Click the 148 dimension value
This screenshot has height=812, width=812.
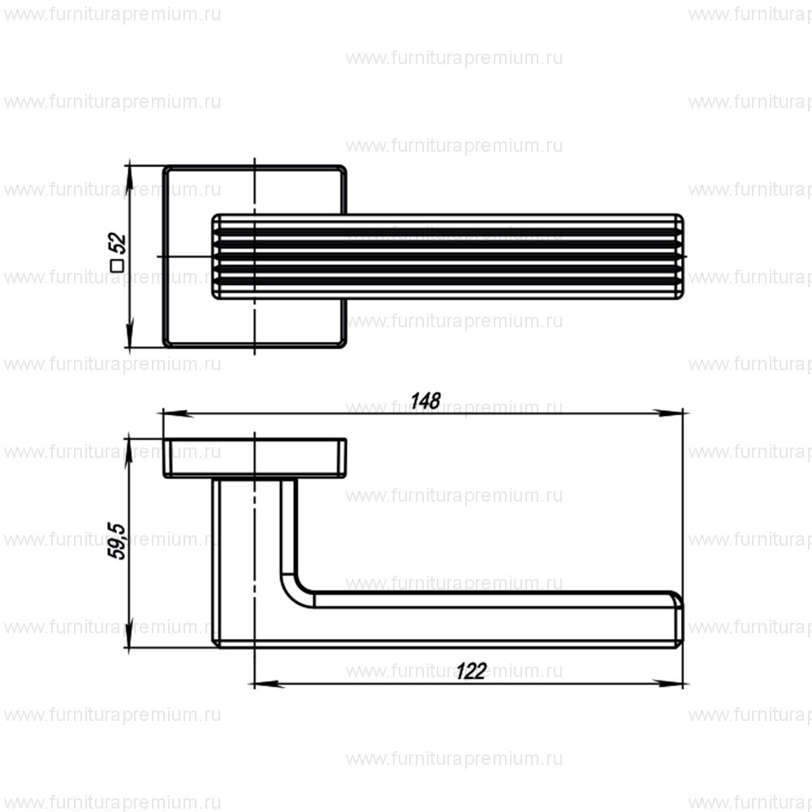pos(425,400)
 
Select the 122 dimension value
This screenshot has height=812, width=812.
pos(470,672)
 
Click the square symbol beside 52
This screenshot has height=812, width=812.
pos(117,265)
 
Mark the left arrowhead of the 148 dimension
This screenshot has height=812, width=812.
pos(171,413)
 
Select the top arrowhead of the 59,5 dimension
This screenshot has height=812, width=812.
pos(129,446)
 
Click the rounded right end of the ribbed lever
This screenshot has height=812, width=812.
pos(680,256)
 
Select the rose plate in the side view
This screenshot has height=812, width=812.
pos(255,458)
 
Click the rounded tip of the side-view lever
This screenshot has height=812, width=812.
pos(678,621)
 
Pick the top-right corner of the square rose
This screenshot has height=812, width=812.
pos(343,170)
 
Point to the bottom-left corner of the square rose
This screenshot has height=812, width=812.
pos(166,344)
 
